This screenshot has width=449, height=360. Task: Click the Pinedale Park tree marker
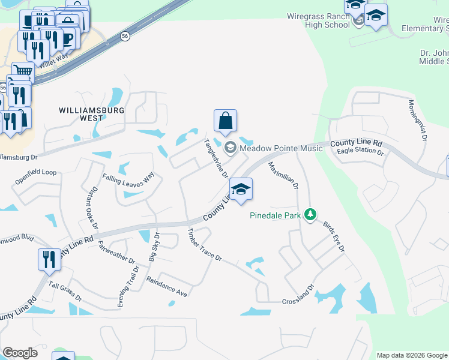[x=310, y=214]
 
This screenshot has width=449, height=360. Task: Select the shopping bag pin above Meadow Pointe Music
[x=225, y=121]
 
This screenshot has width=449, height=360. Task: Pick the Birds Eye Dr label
[x=336, y=239]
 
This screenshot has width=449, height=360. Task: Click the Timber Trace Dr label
[x=205, y=245]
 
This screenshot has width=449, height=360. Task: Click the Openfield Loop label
[x=37, y=172]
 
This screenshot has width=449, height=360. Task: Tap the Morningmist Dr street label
[x=417, y=120]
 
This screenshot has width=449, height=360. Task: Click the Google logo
[x=20, y=353]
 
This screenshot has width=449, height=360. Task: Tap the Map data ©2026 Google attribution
[x=412, y=355]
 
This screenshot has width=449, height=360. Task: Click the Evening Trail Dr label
[x=128, y=287]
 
